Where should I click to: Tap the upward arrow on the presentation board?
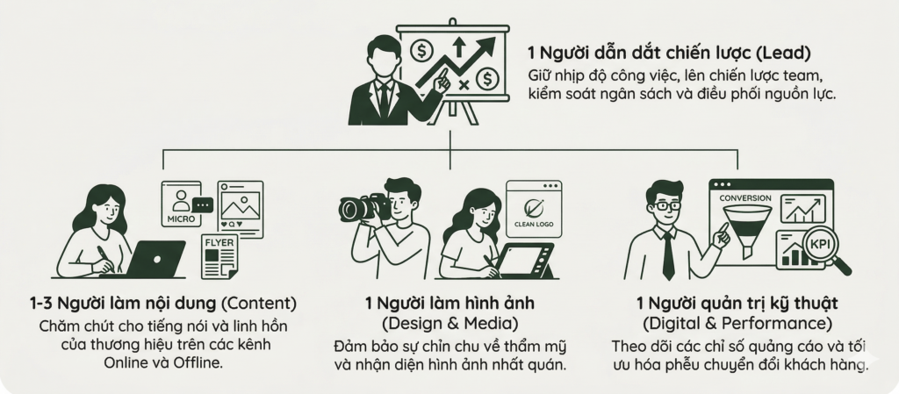click(x=458, y=46)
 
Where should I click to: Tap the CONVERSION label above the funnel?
click(x=744, y=197)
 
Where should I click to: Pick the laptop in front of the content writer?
click(x=156, y=259)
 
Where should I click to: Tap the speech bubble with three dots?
click(x=203, y=204)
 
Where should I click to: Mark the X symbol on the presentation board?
click(x=463, y=84)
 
